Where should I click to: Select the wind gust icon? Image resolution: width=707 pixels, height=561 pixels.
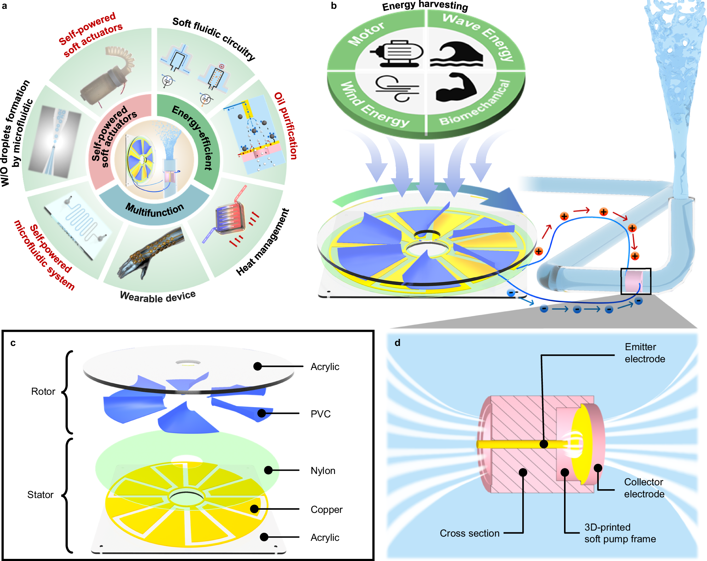(x=396, y=88)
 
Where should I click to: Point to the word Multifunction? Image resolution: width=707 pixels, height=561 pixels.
(x=155, y=210)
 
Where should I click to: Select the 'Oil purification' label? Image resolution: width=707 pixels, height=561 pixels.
(x=286, y=126)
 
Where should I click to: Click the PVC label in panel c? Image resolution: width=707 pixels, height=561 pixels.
(x=320, y=414)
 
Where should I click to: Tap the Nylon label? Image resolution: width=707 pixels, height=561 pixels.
(x=323, y=470)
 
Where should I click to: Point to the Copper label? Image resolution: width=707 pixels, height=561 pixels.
(x=326, y=509)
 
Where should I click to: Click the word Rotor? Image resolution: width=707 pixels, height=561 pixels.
(x=43, y=391)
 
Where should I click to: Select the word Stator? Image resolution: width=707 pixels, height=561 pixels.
(x=40, y=495)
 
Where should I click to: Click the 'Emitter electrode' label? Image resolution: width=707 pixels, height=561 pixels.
(x=644, y=353)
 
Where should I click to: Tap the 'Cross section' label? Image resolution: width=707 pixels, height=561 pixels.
(x=469, y=533)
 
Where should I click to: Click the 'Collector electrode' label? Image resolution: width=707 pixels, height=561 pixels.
(x=644, y=488)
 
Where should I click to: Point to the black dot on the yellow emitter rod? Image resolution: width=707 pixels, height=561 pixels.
(x=544, y=444)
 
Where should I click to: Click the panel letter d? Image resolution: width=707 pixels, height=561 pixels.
(x=397, y=342)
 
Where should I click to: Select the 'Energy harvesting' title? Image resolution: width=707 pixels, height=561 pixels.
(x=425, y=6)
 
